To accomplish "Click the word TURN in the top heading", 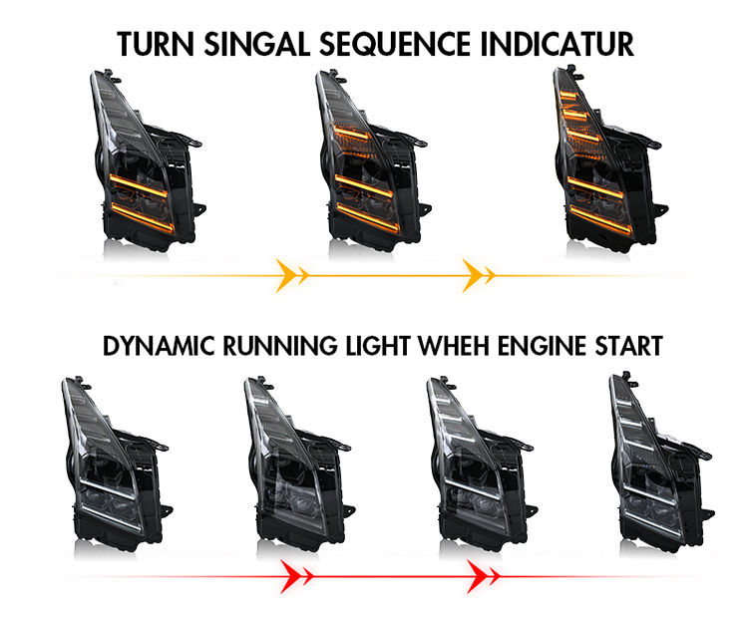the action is (x=156, y=44).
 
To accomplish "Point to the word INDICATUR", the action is (x=557, y=44).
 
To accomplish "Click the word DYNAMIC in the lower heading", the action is (x=158, y=346).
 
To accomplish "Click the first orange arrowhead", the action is (x=292, y=276).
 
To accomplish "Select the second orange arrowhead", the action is (x=479, y=276).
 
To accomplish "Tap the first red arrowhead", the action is (x=297, y=577).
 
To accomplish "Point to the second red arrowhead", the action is (x=483, y=577).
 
